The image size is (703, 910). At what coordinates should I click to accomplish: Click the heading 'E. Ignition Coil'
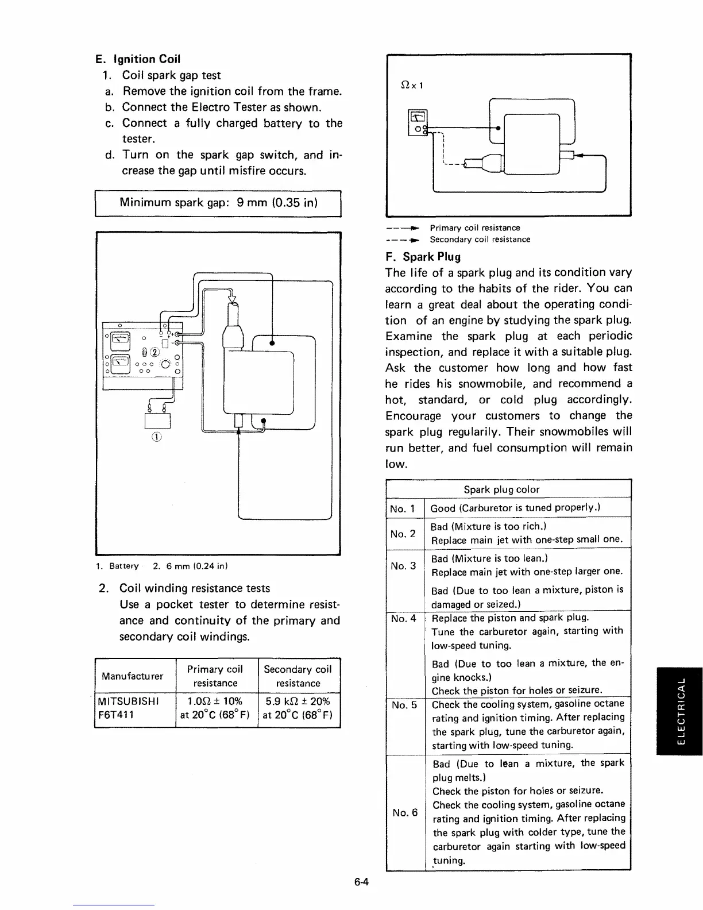(x=138, y=59)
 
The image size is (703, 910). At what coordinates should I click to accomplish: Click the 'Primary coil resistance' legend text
(x=475, y=228)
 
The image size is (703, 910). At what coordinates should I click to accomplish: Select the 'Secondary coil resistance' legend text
(x=480, y=240)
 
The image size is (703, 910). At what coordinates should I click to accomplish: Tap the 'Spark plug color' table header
(x=501, y=489)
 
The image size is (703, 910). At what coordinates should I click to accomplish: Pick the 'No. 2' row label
(x=403, y=534)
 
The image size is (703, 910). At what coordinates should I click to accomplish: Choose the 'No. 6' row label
(x=405, y=812)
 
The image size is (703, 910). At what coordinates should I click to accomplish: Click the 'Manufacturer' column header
(x=132, y=676)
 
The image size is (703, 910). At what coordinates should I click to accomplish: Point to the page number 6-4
(x=361, y=900)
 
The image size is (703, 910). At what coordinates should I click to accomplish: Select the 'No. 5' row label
(x=403, y=705)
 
